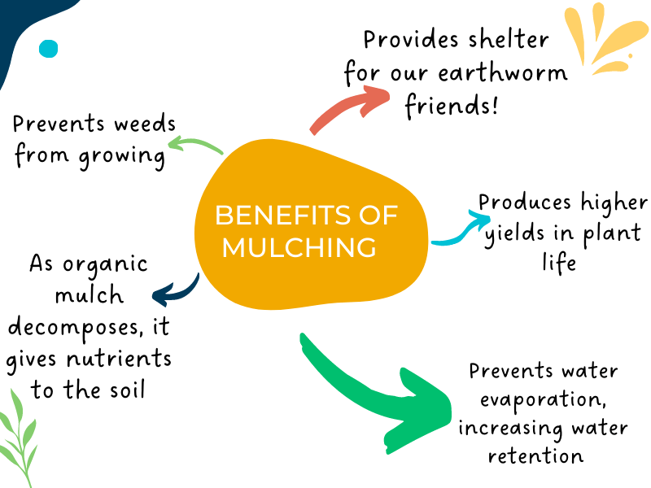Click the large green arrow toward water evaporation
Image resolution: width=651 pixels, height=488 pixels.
[x=374, y=390]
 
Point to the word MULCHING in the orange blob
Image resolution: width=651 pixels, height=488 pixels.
[x=299, y=246]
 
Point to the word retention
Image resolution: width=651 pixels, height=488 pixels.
[x=535, y=455]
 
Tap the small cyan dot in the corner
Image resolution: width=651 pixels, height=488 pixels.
[x=49, y=49]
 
